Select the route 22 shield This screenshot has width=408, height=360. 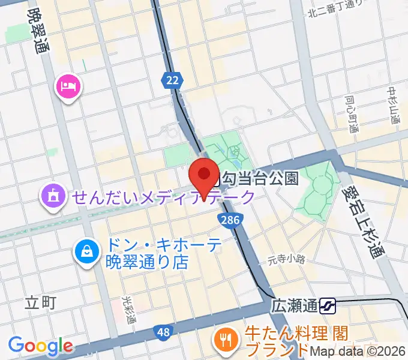click(x=171, y=80)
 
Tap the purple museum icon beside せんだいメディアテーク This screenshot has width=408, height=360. click(x=53, y=196)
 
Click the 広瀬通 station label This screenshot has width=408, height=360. click(x=293, y=307)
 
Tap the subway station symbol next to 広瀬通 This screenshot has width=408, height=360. click(x=328, y=307)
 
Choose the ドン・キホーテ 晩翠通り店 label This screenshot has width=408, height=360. click(x=155, y=254)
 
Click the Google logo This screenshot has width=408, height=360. click(x=41, y=346)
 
